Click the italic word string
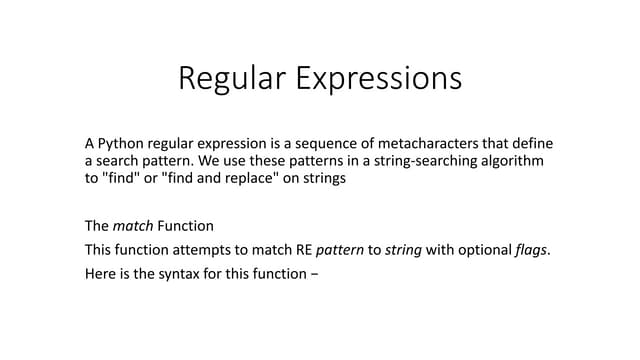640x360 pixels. pos(404,249)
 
